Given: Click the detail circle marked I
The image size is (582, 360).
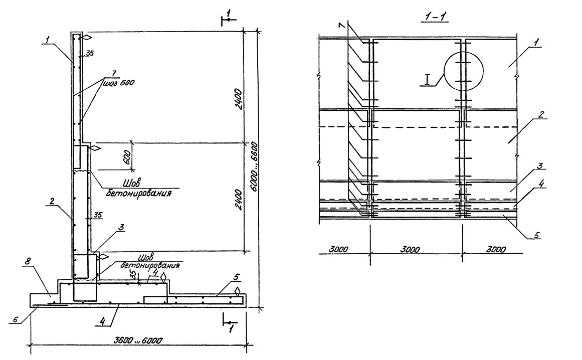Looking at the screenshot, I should [x=463, y=71].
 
